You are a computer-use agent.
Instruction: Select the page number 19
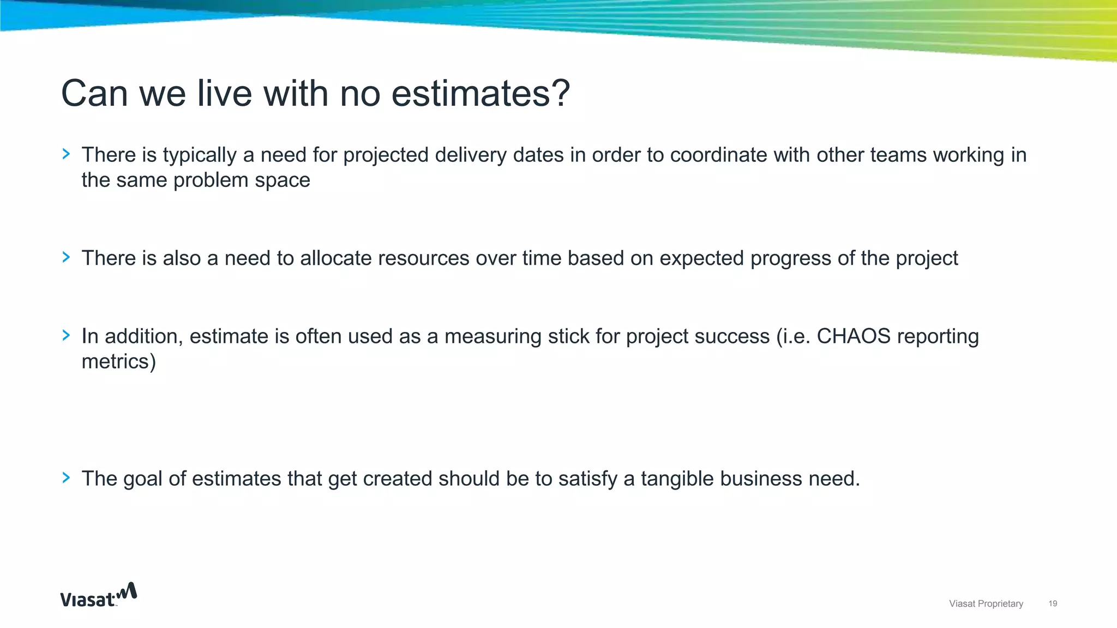tap(1053, 603)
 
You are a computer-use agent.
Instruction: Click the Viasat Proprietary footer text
tap(986, 603)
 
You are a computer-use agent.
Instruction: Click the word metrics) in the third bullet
tap(118, 361)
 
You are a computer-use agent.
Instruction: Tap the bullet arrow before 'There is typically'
tap(67, 154)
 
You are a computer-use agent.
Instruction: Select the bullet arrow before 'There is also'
tap(67, 257)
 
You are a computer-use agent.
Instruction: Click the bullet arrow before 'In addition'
tap(67, 335)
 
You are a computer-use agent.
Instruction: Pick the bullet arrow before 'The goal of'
tap(67, 478)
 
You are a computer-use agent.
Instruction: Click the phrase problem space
tap(242, 180)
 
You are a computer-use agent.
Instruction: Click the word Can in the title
tap(94, 93)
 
